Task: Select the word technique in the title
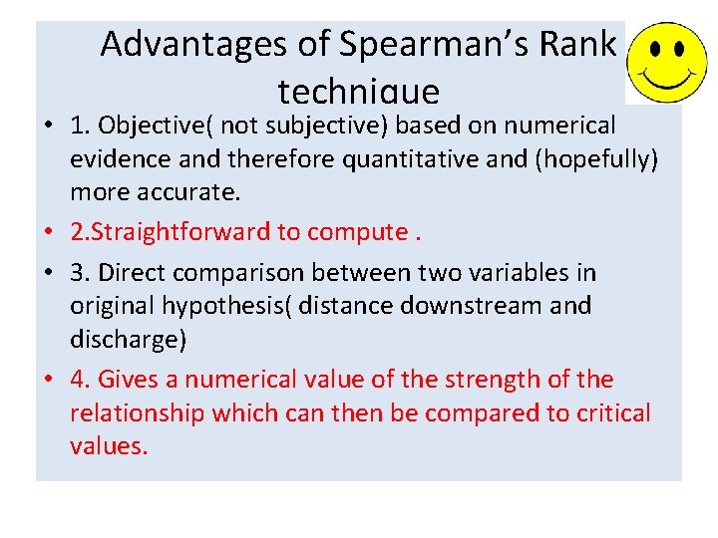(x=358, y=92)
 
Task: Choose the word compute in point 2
(x=355, y=232)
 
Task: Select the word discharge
(x=125, y=339)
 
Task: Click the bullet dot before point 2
(x=48, y=233)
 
